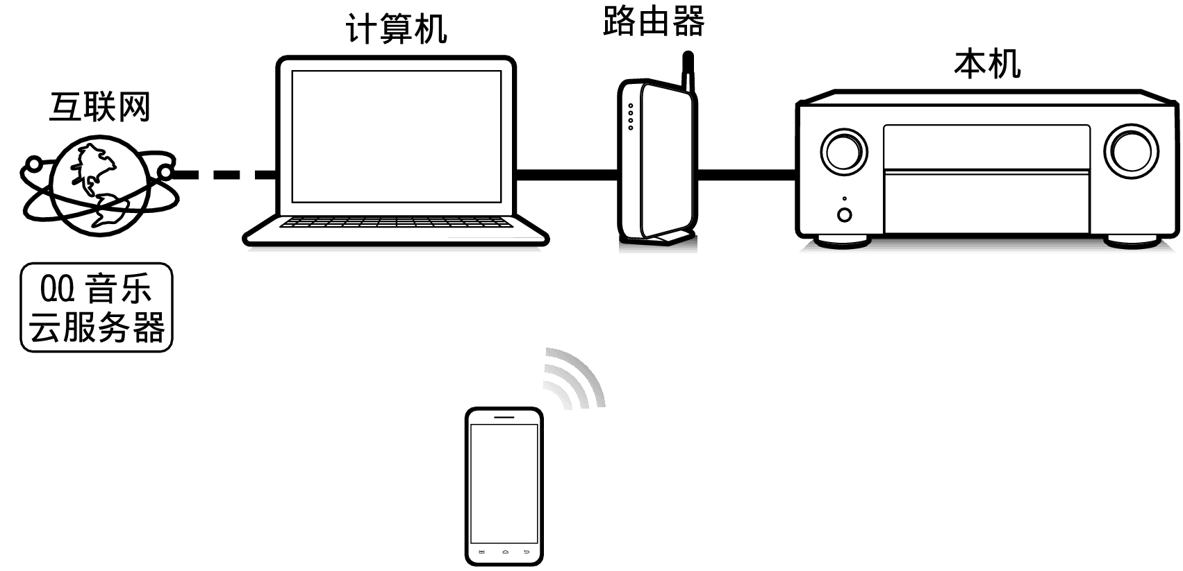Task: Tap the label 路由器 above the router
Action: [x=654, y=22]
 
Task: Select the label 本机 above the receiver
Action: [x=987, y=64]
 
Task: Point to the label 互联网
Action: [x=100, y=107]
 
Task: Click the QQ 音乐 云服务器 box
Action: [x=97, y=307]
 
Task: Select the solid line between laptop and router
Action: [x=566, y=175]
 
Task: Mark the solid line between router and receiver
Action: [x=745, y=175]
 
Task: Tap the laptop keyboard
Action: [x=394, y=223]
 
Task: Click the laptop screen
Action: [x=396, y=136]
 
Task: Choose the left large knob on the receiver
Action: [x=843, y=152]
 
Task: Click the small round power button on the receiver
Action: [x=845, y=214]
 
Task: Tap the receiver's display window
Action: [x=986, y=147]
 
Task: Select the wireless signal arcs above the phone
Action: [x=575, y=378]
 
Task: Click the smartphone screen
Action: [x=504, y=483]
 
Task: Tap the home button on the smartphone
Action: [x=504, y=552]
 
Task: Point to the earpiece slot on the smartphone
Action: [x=504, y=417]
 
